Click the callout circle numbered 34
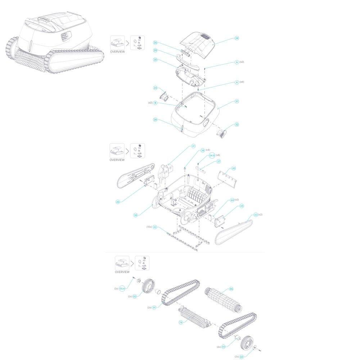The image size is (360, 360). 237,38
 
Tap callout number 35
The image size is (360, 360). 155,43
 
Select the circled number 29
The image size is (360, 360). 155,51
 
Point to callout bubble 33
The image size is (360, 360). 155,88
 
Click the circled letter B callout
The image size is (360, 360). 155,103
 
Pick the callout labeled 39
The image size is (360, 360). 155,120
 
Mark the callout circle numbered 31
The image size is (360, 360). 237,102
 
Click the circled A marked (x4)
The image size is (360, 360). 237,82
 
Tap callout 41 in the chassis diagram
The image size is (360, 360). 193,146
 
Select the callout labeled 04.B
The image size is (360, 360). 212,155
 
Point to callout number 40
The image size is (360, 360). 234,168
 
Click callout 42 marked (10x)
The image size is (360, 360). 155,227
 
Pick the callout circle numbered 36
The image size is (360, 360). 136,215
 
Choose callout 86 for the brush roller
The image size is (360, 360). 231,289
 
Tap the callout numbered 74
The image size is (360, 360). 181,323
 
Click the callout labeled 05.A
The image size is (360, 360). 122,288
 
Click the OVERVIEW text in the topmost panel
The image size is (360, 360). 117,52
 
